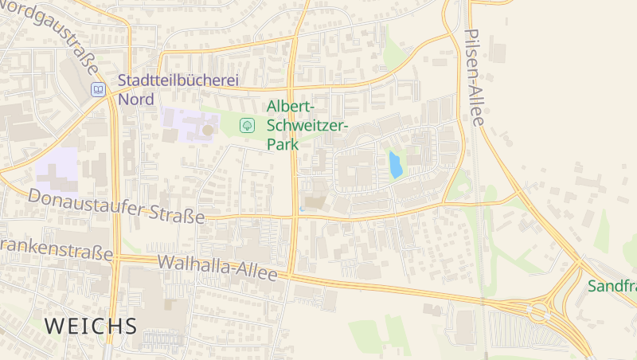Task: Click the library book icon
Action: (x=98, y=89)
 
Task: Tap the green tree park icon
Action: (x=247, y=125)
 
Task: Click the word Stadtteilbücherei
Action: (x=178, y=80)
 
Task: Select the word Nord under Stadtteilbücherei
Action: (x=135, y=99)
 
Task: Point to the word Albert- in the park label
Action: (x=291, y=107)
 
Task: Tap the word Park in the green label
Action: (x=283, y=145)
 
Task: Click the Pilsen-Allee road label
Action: (x=475, y=78)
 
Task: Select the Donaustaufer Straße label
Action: (x=116, y=205)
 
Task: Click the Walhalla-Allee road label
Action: (x=217, y=268)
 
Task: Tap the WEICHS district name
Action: (x=91, y=326)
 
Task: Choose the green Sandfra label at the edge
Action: (x=612, y=286)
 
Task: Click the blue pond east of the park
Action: (x=395, y=165)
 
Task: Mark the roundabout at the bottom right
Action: (x=541, y=311)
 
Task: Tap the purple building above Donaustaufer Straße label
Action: (x=57, y=169)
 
